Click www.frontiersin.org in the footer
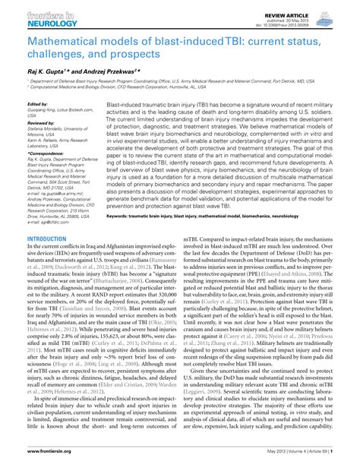click(x=28, y=463)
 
